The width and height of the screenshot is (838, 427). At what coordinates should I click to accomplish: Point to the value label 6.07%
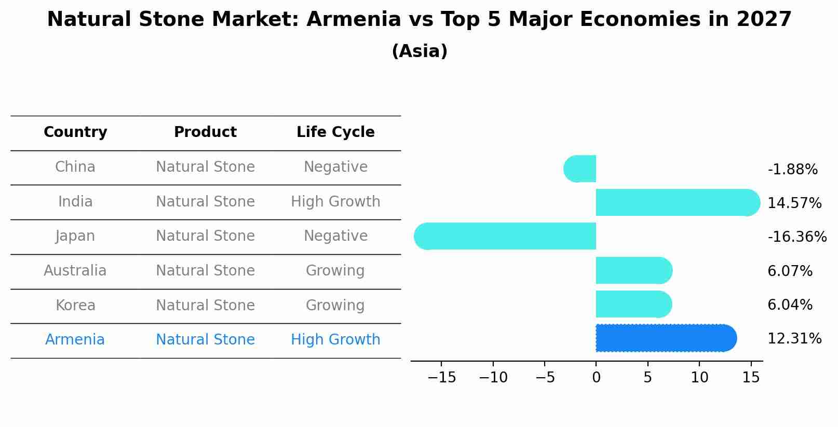790,271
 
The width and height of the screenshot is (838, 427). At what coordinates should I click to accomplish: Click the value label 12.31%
794,339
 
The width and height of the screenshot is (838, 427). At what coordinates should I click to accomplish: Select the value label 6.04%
790,305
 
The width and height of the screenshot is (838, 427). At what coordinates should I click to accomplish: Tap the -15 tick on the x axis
441,378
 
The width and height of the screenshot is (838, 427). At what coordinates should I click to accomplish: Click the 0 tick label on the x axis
596,378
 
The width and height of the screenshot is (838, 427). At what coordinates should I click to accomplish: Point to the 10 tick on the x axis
699,378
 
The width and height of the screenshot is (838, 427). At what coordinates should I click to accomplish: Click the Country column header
75,132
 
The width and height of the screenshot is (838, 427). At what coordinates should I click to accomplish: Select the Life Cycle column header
335,132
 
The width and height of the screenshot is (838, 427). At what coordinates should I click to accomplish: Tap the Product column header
205,132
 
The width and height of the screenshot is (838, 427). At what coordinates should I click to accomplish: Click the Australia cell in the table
75,271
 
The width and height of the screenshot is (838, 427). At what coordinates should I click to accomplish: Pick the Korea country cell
75,305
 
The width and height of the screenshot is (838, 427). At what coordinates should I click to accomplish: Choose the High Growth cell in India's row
335,201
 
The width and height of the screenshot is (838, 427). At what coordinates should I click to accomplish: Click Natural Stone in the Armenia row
205,340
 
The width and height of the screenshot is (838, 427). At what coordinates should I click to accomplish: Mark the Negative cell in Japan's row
335,236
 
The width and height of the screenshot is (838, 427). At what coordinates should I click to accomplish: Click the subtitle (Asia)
419,51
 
